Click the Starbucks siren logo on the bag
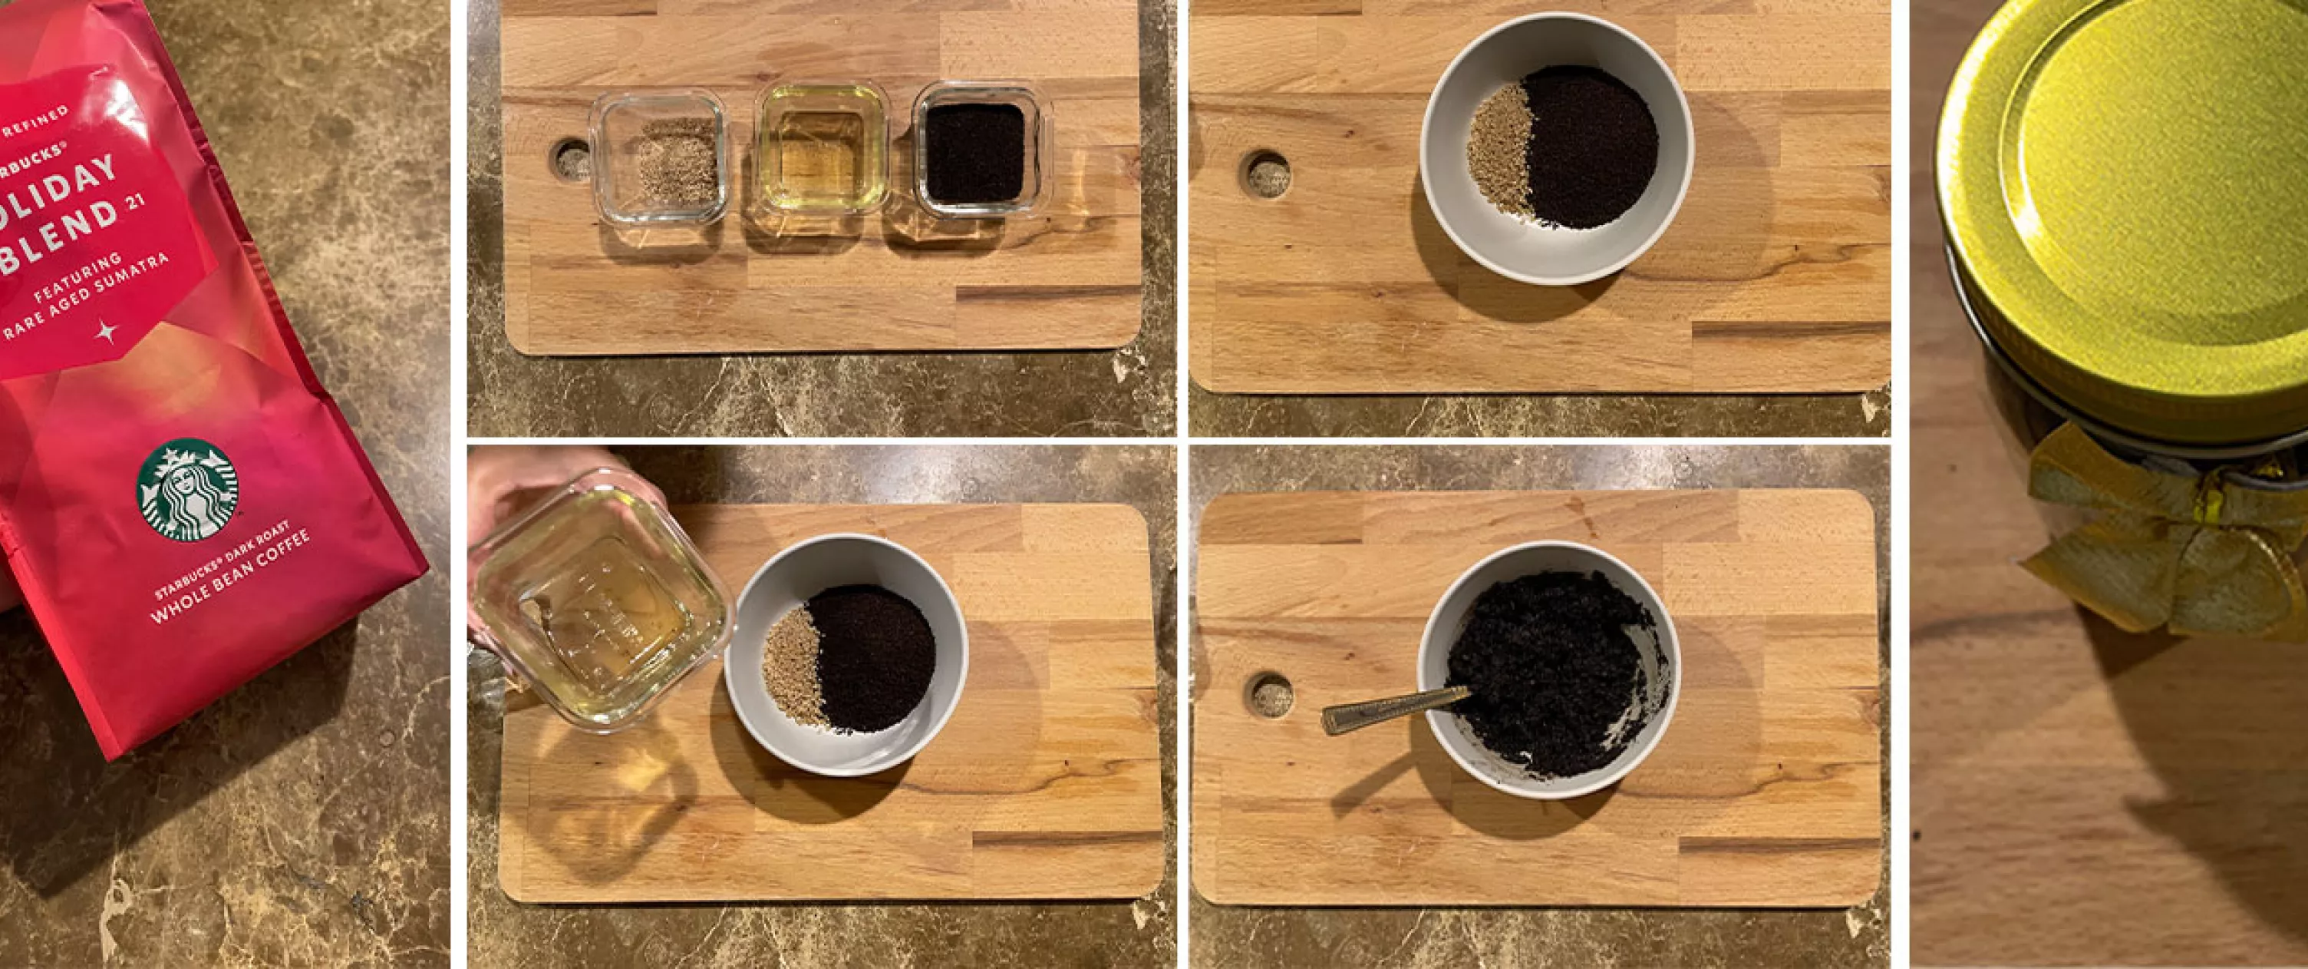187,488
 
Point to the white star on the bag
107,332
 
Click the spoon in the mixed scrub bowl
1393,708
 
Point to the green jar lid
2150,179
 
